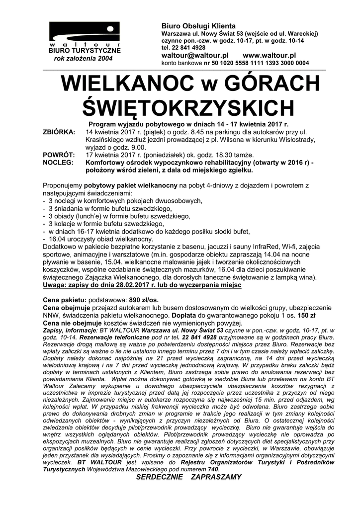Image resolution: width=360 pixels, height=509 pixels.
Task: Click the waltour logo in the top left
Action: [84, 35]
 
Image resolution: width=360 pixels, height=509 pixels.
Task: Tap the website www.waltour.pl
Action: [270, 55]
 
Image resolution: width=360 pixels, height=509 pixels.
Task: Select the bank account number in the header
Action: [257, 63]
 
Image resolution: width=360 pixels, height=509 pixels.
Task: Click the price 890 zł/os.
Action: [144, 301]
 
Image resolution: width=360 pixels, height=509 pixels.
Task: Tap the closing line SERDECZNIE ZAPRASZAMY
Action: [188, 477]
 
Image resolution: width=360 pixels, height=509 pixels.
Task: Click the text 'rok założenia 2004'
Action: [84, 59]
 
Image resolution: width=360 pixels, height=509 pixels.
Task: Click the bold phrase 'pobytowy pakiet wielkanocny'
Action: [131, 185]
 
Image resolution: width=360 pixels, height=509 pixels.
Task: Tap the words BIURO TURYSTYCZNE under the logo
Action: [84, 51]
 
